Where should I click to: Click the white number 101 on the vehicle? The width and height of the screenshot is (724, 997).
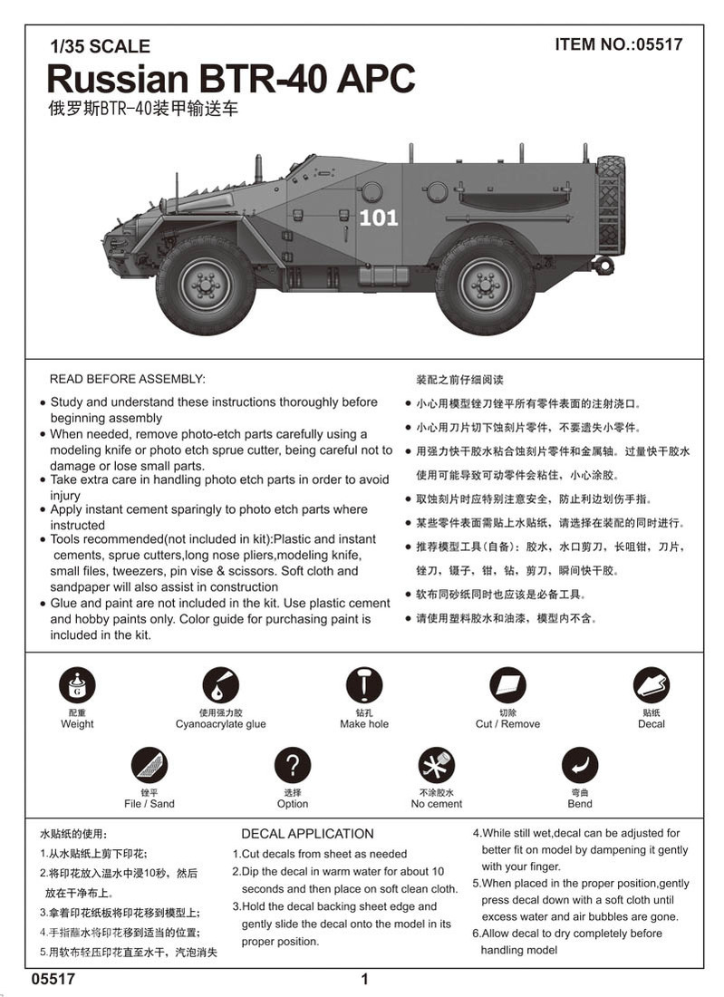click(x=378, y=218)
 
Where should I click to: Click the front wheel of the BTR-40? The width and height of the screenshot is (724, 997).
click(x=206, y=285)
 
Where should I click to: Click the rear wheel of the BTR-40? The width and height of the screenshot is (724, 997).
click(x=485, y=285)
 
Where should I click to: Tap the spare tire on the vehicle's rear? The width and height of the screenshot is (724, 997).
click(x=611, y=205)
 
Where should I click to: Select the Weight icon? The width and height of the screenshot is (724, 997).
click(x=77, y=686)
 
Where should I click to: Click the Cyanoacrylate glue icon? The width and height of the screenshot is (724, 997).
click(x=220, y=686)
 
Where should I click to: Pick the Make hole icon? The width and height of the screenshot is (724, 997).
click(x=364, y=686)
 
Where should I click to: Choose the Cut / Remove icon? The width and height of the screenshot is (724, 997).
click(x=507, y=686)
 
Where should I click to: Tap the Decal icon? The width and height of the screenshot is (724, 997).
click(x=651, y=686)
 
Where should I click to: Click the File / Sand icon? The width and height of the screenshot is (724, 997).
click(x=149, y=766)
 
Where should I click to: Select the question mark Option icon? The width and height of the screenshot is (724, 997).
click(x=293, y=766)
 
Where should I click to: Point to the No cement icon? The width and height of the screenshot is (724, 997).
click(x=436, y=766)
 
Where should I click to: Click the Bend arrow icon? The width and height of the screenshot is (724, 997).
click(x=580, y=766)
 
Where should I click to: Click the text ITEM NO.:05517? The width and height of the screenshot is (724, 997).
click(x=618, y=44)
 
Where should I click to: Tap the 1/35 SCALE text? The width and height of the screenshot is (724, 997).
click(x=101, y=46)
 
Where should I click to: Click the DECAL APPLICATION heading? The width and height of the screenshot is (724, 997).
click(x=307, y=834)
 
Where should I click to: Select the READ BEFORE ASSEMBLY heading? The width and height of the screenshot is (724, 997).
click(x=127, y=378)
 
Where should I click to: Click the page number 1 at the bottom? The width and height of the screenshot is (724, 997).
click(x=364, y=979)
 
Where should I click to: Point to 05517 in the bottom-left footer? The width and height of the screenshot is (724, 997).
click(x=52, y=979)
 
